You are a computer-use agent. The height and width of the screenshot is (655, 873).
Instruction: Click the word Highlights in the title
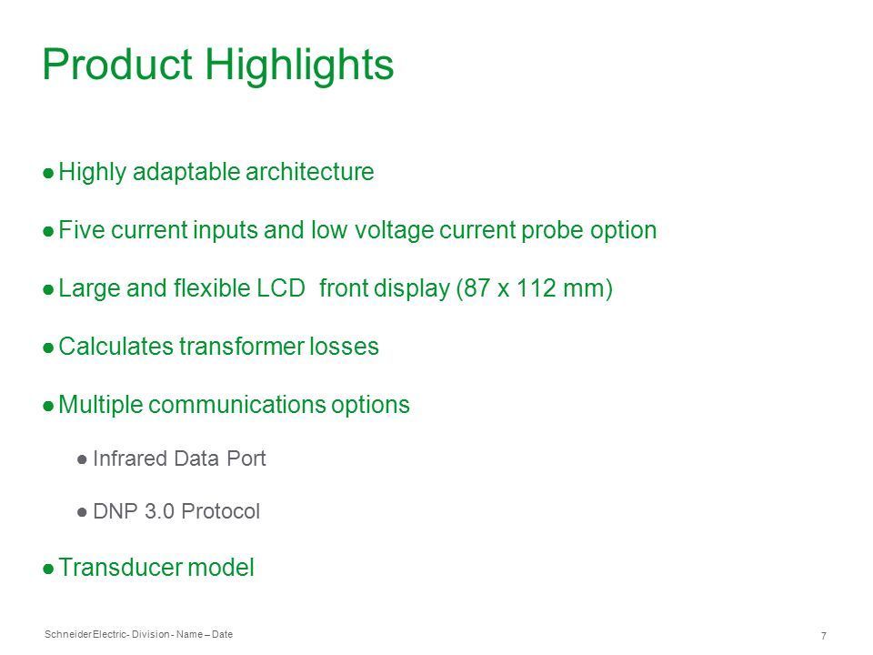tap(299, 66)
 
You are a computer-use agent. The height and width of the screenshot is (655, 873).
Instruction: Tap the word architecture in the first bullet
tap(309, 172)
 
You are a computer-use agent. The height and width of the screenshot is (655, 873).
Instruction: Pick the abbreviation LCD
tap(280, 288)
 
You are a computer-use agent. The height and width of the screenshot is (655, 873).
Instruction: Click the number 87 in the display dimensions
tap(477, 288)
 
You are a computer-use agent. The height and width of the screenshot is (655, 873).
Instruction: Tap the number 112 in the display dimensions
tap(537, 288)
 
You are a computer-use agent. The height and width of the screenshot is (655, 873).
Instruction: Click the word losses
tap(344, 347)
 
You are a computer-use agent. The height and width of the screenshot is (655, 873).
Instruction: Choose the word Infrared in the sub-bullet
tap(130, 458)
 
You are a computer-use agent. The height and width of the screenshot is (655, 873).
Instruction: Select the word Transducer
tap(120, 568)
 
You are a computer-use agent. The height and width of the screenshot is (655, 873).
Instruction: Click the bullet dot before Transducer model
tap(48, 569)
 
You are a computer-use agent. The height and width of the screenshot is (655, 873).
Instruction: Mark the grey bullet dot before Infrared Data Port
tap(82, 460)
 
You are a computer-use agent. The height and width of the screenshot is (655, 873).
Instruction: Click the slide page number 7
tap(824, 636)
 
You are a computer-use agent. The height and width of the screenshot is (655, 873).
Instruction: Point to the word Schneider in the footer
tap(68, 634)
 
